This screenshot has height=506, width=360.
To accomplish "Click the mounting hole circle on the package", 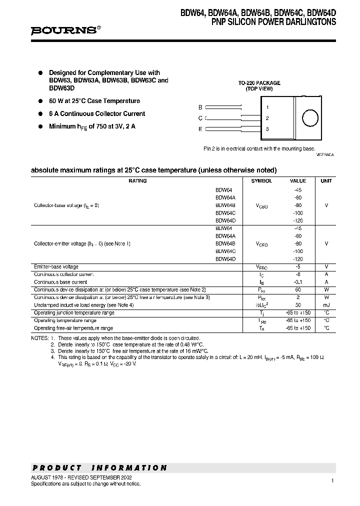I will tap(310, 118).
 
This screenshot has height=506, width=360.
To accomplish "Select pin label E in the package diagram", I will tap(200, 129).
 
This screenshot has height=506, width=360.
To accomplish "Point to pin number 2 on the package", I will tap(267, 118).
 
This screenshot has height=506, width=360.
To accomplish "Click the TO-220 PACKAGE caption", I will tap(259, 83).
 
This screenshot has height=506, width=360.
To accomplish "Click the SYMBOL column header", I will tap(261, 181).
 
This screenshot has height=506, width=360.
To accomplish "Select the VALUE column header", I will tap(298, 181).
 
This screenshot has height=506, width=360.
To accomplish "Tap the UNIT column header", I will tap(326, 181).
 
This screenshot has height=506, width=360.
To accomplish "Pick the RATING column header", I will tap(137, 181).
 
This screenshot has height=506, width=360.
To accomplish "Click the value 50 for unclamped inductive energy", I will tap(298, 305).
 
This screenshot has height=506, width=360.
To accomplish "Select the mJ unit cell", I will tap(326, 305).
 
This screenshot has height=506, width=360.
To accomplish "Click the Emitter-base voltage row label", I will tap(56, 267).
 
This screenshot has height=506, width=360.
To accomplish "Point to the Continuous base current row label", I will tap(60, 282).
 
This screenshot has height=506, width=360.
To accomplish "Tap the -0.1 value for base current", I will tap(298, 282).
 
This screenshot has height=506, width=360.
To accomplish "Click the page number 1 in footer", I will tap(332, 480).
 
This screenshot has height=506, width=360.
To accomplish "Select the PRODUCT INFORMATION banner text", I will tap(100, 468).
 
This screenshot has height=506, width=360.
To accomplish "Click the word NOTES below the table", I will tap(39, 338).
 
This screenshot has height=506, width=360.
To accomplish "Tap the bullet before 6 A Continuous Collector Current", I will tap(41, 114).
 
